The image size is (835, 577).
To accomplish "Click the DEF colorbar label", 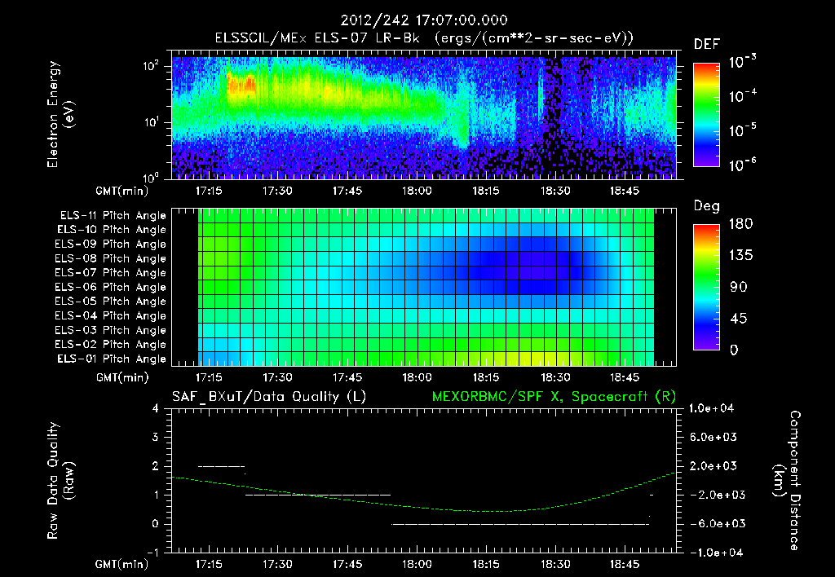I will click(x=706, y=43).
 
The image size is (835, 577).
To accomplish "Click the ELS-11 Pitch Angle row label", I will click(x=110, y=216).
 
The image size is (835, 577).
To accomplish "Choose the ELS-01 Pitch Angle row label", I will click(x=110, y=359).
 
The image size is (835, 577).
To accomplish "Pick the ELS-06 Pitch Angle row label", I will click(x=110, y=287).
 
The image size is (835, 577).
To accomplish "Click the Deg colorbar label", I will click(x=706, y=206).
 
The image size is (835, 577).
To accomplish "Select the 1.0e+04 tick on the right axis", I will click(x=714, y=407).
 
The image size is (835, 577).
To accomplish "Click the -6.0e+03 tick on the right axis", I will click(x=713, y=523).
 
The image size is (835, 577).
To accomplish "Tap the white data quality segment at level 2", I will click(x=221, y=466).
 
